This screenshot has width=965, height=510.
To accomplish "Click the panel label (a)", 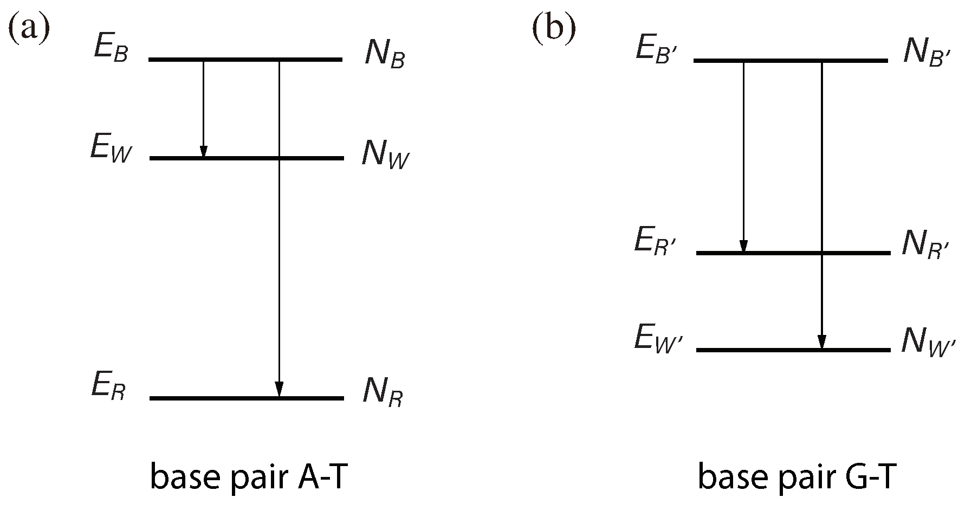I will pyautogui.click(x=28, y=30).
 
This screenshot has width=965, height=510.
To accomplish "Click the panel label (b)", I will pyautogui.click(x=553, y=30).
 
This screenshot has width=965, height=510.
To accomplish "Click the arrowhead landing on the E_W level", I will pyautogui.click(x=203, y=152).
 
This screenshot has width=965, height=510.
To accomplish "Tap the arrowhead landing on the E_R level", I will pyautogui.click(x=279, y=390).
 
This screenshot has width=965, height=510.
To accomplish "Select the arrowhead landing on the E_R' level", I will pyautogui.click(x=743, y=246).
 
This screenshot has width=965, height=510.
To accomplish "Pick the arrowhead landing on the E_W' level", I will pyautogui.click(x=822, y=342).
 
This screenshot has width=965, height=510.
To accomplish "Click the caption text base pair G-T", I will pyautogui.click(x=794, y=478).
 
